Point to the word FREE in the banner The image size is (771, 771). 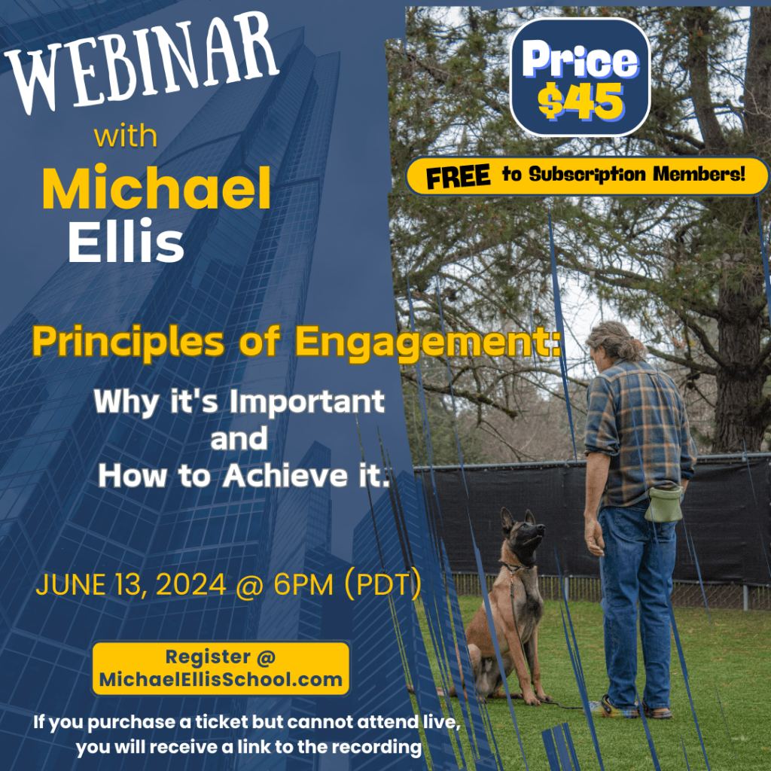tap(459, 178)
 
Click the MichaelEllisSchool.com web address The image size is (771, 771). tap(221, 680)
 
